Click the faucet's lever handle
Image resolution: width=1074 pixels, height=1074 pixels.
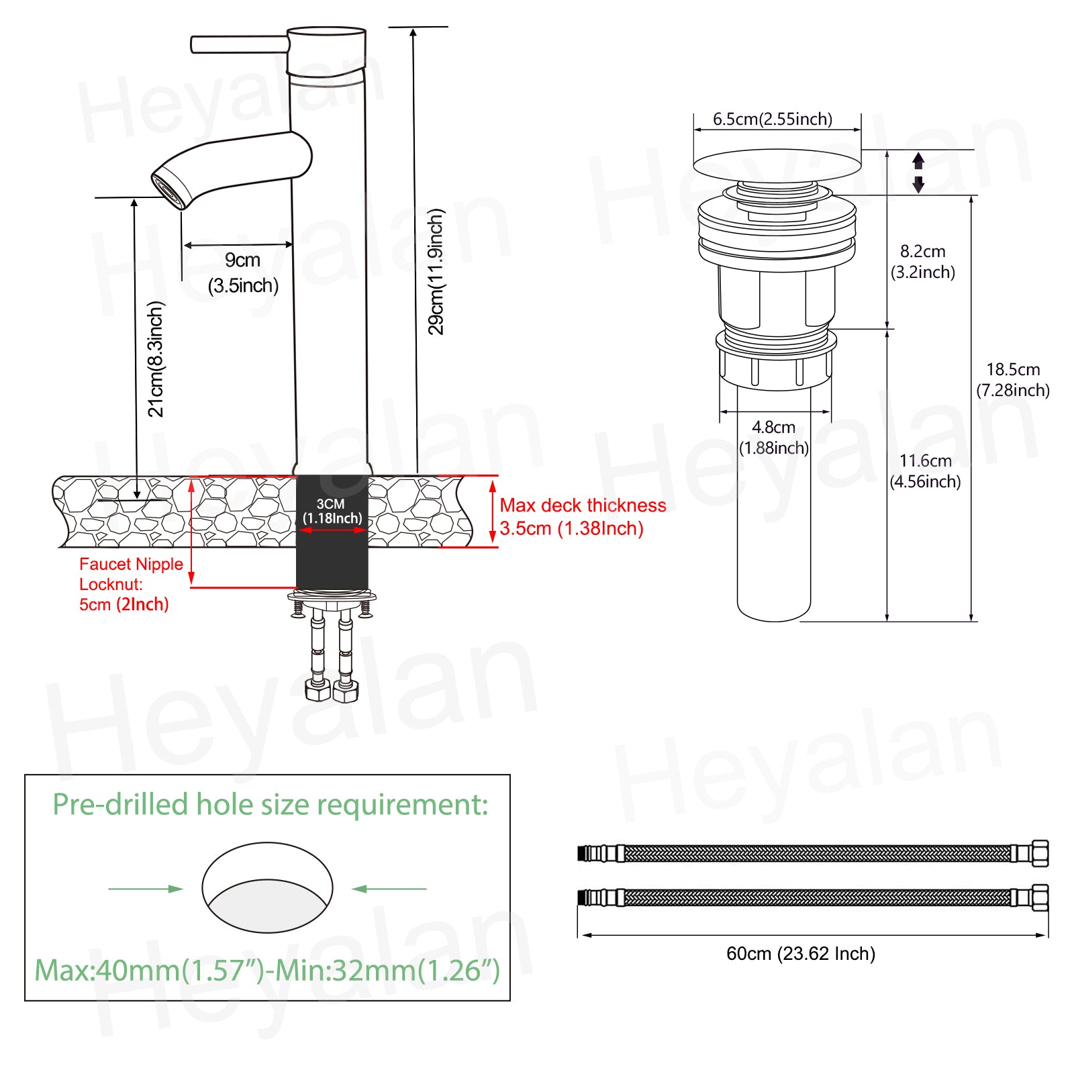coord(240,44)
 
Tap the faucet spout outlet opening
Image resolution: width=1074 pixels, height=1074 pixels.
coord(168,191)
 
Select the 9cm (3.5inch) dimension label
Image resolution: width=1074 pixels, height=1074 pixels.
coord(243,273)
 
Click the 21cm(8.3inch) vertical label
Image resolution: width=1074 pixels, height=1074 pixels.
coord(155,358)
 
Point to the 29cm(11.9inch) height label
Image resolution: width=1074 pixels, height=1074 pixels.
coord(436,271)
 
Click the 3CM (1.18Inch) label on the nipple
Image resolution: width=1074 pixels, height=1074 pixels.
coord(332,511)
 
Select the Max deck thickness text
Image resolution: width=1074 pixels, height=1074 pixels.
coord(583,505)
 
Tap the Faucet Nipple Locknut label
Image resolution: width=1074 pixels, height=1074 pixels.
coord(131,574)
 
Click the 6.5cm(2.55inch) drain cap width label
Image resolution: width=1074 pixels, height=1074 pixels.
coord(773,119)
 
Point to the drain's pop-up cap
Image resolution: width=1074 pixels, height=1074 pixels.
coord(777,165)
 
